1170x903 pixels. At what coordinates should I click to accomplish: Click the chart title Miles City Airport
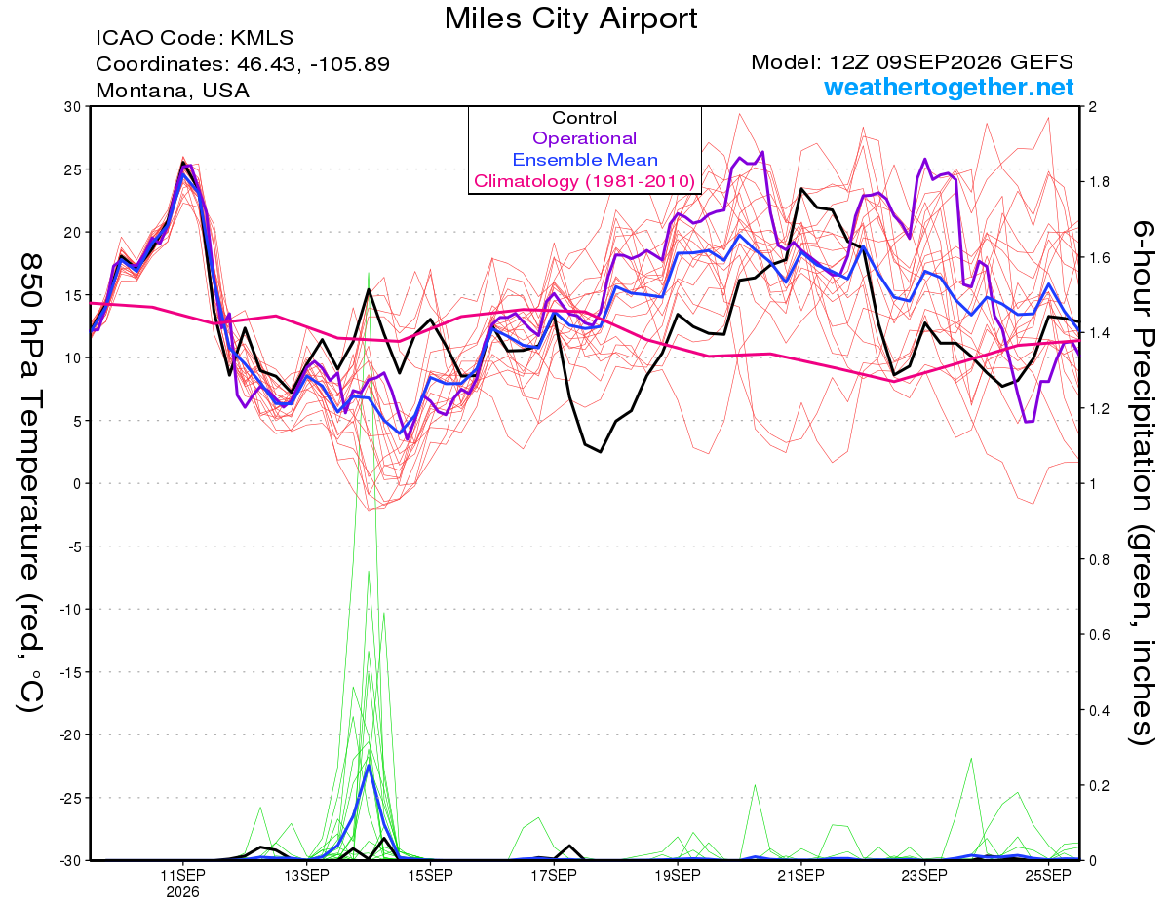tap(570, 19)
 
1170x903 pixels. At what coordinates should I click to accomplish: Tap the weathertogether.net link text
tap(949, 87)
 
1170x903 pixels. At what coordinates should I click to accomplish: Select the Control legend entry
tap(584, 118)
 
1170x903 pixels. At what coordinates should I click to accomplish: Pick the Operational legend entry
tap(584, 138)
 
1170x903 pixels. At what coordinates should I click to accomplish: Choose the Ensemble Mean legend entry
tap(585, 160)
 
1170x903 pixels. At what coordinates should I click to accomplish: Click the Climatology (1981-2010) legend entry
tap(584, 181)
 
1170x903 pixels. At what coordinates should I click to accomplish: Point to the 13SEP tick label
tap(306, 876)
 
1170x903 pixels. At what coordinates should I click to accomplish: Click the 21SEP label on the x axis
tap(800, 876)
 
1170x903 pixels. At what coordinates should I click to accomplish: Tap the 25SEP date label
tap(1048, 876)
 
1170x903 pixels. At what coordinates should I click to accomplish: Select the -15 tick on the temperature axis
tap(70, 672)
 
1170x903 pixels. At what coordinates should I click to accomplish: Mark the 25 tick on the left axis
tap(73, 169)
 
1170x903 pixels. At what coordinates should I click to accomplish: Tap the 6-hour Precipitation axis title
tap(1142, 483)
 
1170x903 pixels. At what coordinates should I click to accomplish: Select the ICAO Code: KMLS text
tap(194, 38)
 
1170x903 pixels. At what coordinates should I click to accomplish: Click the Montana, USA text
tap(173, 91)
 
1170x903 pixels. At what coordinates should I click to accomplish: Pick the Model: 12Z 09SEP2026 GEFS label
tap(912, 62)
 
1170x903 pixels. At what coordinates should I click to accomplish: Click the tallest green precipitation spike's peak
tap(369, 273)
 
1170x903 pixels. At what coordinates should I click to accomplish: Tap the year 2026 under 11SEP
tap(182, 893)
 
